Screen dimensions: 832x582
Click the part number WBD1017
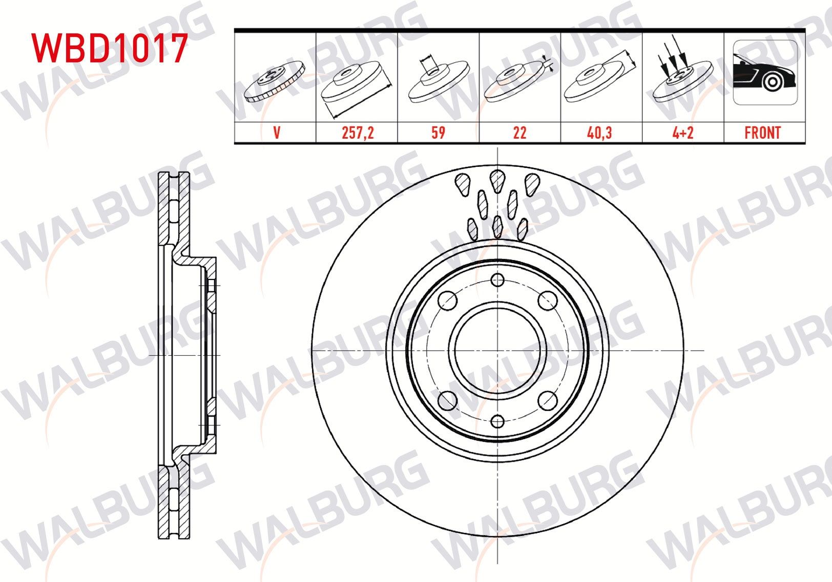(109, 48)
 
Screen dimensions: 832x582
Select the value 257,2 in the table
(358, 133)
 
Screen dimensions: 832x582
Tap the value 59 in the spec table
(439, 133)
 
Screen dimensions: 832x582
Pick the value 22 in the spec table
(519, 133)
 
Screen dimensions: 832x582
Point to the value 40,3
(599, 133)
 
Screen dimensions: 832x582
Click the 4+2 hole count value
(683, 133)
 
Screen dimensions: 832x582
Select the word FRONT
(762, 133)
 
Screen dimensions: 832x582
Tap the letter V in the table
(276, 133)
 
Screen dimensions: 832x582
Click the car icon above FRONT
(765, 73)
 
